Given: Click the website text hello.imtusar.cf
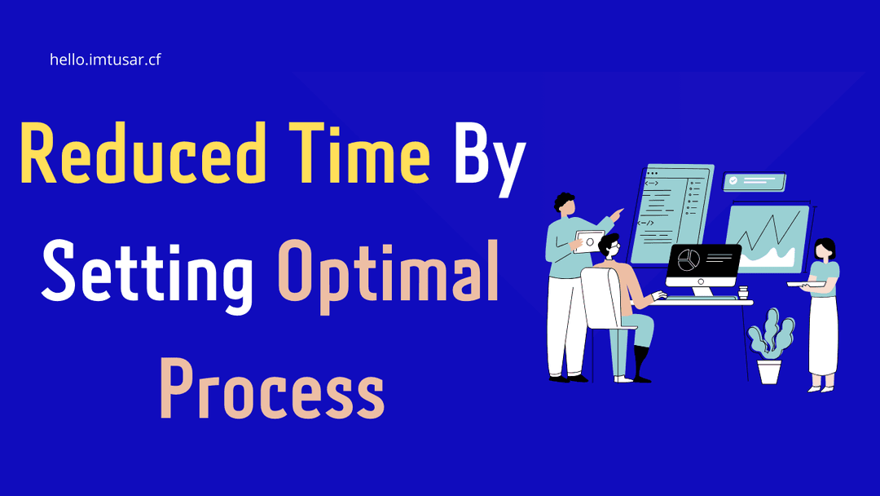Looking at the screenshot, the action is point(105,60).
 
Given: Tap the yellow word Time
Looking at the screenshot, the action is point(360,153).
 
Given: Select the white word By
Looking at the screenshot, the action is point(490,160).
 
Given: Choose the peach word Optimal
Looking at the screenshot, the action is point(389,277).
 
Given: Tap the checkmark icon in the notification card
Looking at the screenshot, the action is point(733,181).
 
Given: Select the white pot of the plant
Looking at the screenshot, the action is point(769,371).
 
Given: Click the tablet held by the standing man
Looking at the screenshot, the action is point(589,241).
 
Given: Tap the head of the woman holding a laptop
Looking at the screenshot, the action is point(824,250).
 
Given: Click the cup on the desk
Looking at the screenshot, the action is point(743,292).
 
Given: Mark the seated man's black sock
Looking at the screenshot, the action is point(640,362).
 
